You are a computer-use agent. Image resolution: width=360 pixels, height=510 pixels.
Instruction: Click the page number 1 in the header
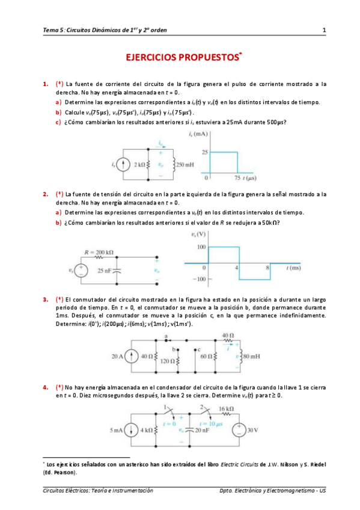(x=324, y=30)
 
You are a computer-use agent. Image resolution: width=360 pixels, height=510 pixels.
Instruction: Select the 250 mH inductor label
(x=185, y=163)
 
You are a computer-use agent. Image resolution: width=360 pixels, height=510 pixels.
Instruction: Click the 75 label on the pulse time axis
(x=237, y=179)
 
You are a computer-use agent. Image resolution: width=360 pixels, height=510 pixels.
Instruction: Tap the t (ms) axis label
(x=295, y=266)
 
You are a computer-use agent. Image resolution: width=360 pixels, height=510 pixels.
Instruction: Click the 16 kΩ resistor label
(x=225, y=408)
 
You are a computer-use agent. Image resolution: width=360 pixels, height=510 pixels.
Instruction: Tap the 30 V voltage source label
(x=252, y=430)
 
